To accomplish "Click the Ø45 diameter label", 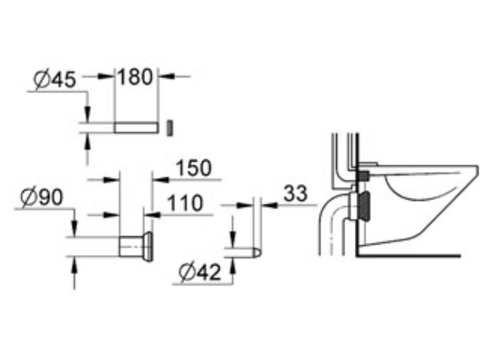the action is tap(55, 79).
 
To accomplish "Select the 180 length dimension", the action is tap(135, 77).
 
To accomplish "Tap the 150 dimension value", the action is tap(194, 167).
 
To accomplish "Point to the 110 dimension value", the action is tap(185, 203).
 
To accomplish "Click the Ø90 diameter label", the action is tap(41, 197).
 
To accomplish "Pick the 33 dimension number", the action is tap(296, 193).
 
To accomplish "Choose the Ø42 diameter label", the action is tap(200, 272).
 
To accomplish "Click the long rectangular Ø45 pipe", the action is tap(136, 127).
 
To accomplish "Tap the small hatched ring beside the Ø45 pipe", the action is tap(170, 128).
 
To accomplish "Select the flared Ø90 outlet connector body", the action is tap(135, 247).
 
